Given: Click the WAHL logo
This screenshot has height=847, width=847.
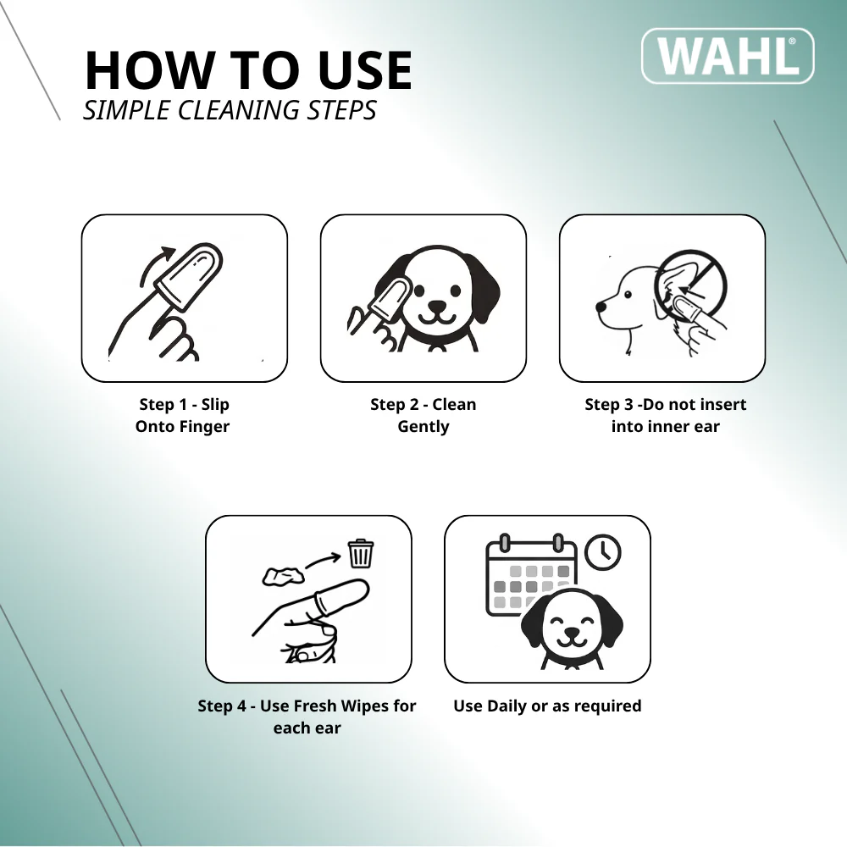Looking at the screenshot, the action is (x=728, y=56).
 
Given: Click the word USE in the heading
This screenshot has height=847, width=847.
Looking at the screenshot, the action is (x=365, y=70).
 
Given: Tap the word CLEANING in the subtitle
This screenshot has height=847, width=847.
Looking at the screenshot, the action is (x=238, y=110).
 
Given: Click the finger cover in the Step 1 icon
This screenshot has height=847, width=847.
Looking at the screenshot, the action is (x=189, y=277).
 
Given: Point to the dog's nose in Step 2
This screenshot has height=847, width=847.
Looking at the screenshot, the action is (x=436, y=307).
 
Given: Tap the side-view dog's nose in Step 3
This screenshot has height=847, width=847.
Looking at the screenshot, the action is (x=601, y=307).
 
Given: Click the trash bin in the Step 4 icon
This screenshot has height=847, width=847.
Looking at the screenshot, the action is (x=361, y=553).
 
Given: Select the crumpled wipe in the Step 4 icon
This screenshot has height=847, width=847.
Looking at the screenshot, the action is (x=283, y=576).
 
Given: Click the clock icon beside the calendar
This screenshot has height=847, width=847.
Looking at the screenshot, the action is (x=603, y=552).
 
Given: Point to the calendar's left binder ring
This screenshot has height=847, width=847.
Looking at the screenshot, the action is (x=505, y=542).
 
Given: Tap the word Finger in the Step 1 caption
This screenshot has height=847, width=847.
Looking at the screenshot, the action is (x=205, y=427).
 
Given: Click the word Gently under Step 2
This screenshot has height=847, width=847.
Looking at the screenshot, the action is (x=423, y=427).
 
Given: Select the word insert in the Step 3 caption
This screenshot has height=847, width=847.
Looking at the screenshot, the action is (x=720, y=405).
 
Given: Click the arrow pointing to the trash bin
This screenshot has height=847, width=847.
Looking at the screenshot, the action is (x=323, y=560).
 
